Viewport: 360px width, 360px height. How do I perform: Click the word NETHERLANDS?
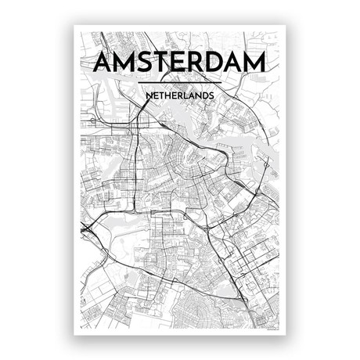[180, 95]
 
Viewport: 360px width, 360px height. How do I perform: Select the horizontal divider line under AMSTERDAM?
[180, 82]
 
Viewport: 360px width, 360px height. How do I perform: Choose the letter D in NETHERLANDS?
[203, 95]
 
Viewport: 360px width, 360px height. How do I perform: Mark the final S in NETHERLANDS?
[211, 95]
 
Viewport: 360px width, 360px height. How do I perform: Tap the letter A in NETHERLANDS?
[190, 95]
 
